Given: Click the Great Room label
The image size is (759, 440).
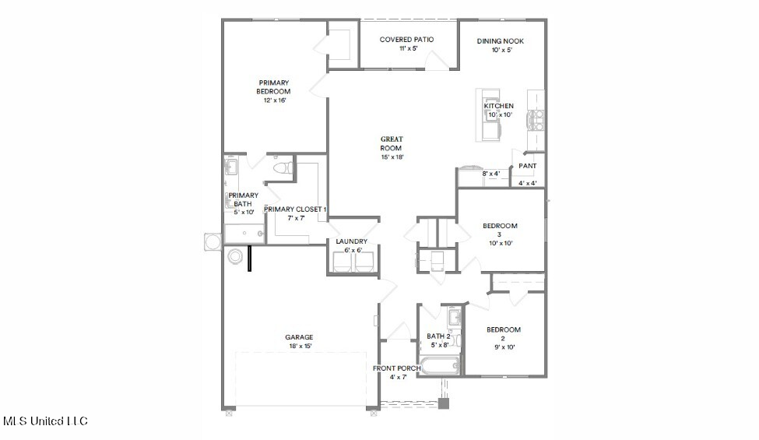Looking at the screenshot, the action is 391,144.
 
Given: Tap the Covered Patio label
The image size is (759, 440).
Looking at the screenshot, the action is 406,40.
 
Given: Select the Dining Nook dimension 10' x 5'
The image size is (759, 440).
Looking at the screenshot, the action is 501,50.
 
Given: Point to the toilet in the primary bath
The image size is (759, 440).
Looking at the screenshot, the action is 283,168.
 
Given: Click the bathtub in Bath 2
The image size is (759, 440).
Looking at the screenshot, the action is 440,365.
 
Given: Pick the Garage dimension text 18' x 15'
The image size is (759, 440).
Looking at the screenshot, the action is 300,346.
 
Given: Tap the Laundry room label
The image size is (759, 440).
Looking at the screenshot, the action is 352,241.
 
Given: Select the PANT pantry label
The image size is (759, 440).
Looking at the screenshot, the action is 528,166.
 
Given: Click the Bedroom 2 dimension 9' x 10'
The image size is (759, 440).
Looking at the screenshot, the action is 504,347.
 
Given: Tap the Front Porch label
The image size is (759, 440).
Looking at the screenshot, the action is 397,368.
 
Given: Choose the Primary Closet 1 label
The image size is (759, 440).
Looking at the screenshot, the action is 295,209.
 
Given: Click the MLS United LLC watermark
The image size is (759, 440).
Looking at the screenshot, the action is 45,421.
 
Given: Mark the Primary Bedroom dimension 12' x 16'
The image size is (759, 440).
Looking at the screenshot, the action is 275,100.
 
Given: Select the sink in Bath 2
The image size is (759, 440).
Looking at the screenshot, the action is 455,317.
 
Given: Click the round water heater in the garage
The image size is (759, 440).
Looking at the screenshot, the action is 235,256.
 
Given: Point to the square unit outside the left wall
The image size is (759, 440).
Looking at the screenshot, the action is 213,241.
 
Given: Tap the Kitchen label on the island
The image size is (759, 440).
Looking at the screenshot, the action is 498,106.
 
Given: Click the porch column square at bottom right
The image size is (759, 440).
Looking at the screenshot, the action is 444,403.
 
